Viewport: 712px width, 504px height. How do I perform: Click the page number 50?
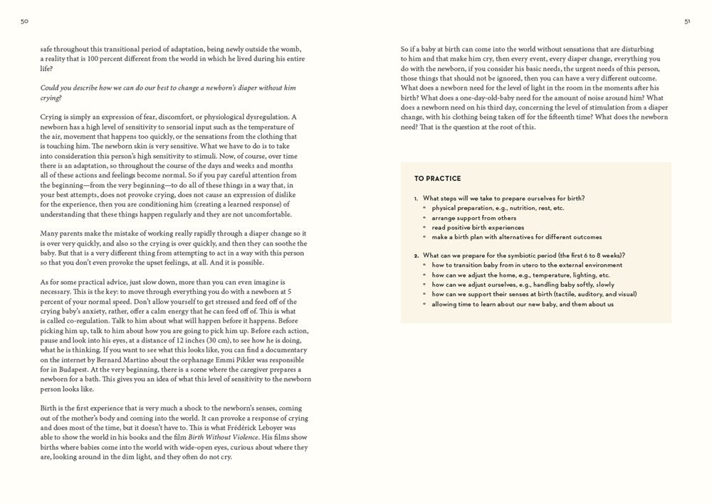(24, 21)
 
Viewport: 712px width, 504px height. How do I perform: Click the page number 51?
(687, 21)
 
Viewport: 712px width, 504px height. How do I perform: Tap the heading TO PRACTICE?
(437, 179)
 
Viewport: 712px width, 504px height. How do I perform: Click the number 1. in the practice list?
(416, 198)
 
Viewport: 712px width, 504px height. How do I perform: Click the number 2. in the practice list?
(416, 255)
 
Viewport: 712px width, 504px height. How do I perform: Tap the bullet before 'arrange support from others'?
(424, 218)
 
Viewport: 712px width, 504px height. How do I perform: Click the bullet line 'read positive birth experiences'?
(477, 227)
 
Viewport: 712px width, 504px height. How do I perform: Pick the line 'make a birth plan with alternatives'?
(516, 237)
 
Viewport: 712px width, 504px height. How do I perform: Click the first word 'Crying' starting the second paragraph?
(52, 117)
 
